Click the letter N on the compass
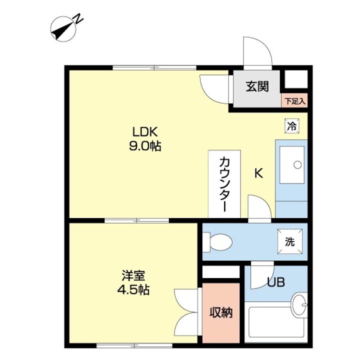78,18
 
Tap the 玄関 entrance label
257,86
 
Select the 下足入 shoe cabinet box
294,100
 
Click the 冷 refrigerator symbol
292,126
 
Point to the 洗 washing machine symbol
289,241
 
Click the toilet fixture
217,242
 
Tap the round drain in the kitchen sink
297,164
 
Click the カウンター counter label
224,184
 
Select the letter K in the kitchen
258,173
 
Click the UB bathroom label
276,282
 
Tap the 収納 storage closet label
221,312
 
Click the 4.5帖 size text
133,289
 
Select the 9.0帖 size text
145,146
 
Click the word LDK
145,132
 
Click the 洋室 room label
133,275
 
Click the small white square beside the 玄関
296,79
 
